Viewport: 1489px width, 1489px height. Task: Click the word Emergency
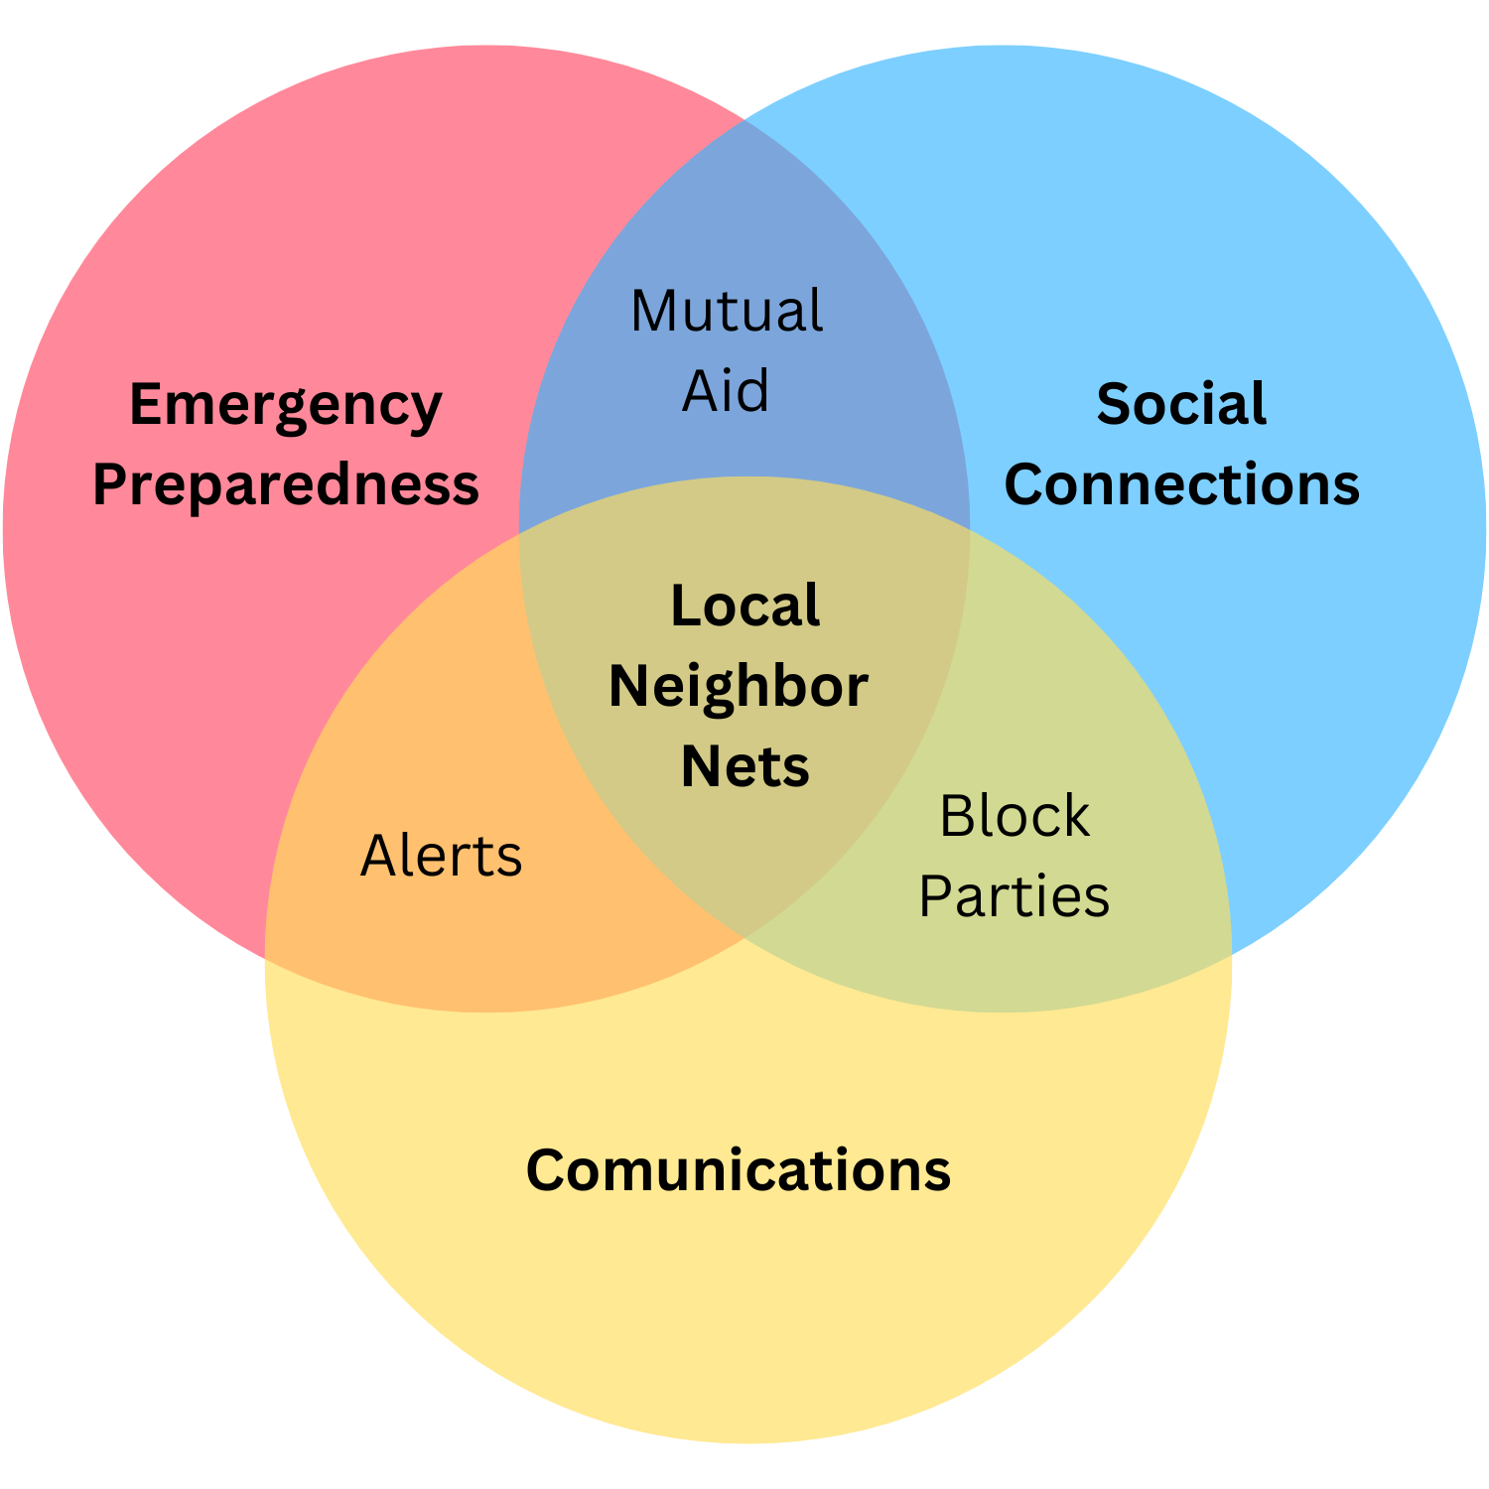(x=286, y=407)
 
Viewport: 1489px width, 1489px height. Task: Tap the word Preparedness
(x=286, y=485)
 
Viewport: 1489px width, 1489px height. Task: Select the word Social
(x=1181, y=405)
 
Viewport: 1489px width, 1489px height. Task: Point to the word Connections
(x=1181, y=485)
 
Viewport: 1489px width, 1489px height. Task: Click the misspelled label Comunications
(x=738, y=1170)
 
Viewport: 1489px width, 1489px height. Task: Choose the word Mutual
(x=727, y=311)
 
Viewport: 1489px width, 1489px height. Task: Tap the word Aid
(x=726, y=390)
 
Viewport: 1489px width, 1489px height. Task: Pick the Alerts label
(x=441, y=856)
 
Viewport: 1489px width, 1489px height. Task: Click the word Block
(x=1015, y=816)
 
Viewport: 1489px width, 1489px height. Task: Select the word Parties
(x=1014, y=896)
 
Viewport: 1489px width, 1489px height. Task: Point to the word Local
(x=745, y=606)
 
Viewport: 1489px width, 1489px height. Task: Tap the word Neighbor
(x=739, y=686)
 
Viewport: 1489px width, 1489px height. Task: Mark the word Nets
(x=745, y=766)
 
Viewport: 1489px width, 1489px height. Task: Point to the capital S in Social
(x=1113, y=405)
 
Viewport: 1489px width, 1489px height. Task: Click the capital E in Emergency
(x=147, y=405)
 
